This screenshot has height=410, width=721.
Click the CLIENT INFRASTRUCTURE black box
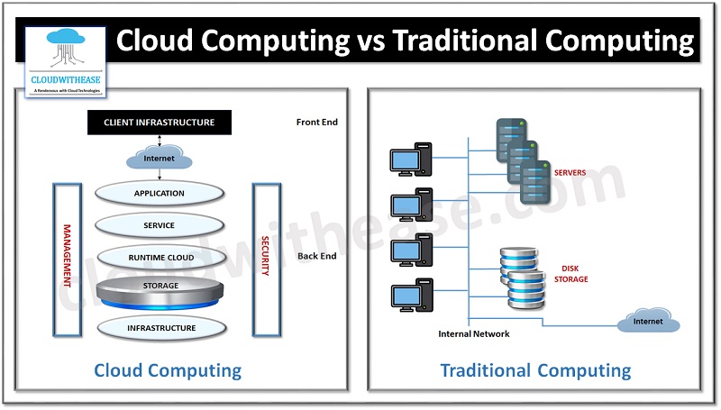point(159,122)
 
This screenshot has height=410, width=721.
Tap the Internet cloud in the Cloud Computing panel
point(159,159)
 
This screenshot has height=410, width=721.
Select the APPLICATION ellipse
point(159,193)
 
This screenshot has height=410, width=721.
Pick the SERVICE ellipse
point(159,225)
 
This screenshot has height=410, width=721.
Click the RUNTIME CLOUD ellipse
point(160,258)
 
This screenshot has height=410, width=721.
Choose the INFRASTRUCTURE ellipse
point(160,328)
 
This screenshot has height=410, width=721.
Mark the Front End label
point(316,122)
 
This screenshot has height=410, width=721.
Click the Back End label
point(316,256)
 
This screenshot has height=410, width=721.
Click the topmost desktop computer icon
point(410,159)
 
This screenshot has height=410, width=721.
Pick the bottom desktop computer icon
point(410,296)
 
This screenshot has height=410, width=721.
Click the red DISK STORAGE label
point(574,274)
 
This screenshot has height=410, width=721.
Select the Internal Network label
point(473,334)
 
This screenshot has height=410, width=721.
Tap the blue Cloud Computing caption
point(168,369)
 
